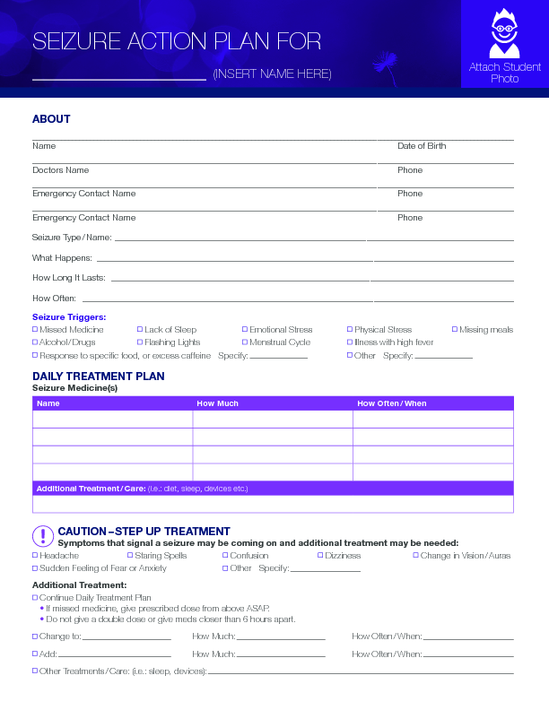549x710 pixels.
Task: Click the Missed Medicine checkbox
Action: [35, 330]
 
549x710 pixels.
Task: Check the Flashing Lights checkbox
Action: [140, 342]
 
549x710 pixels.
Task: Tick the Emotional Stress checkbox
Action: [245, 330]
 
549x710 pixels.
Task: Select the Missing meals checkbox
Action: [455, 330]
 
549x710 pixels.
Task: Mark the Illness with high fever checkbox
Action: [350, 342]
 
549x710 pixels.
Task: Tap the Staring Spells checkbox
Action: [131, 556]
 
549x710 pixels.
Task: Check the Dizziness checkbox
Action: [321, 556]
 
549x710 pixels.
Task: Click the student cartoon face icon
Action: [504, 35]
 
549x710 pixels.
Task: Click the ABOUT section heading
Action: [51, 119]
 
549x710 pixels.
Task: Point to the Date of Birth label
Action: [422, 146]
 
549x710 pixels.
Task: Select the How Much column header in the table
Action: [217, 403]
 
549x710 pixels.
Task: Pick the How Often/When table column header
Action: [392, 403]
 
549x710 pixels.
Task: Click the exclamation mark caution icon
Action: [42, 536]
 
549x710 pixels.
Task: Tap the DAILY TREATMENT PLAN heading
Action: [99, 377]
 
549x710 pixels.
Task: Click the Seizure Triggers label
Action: [69, 317]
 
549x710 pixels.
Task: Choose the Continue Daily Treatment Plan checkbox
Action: [35, 597]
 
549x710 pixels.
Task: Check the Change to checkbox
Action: [35, 636]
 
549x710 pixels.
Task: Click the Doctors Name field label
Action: [60, 170]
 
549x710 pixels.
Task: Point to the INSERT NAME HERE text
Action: [272, 74]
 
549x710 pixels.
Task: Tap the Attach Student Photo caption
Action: [505, 73]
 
